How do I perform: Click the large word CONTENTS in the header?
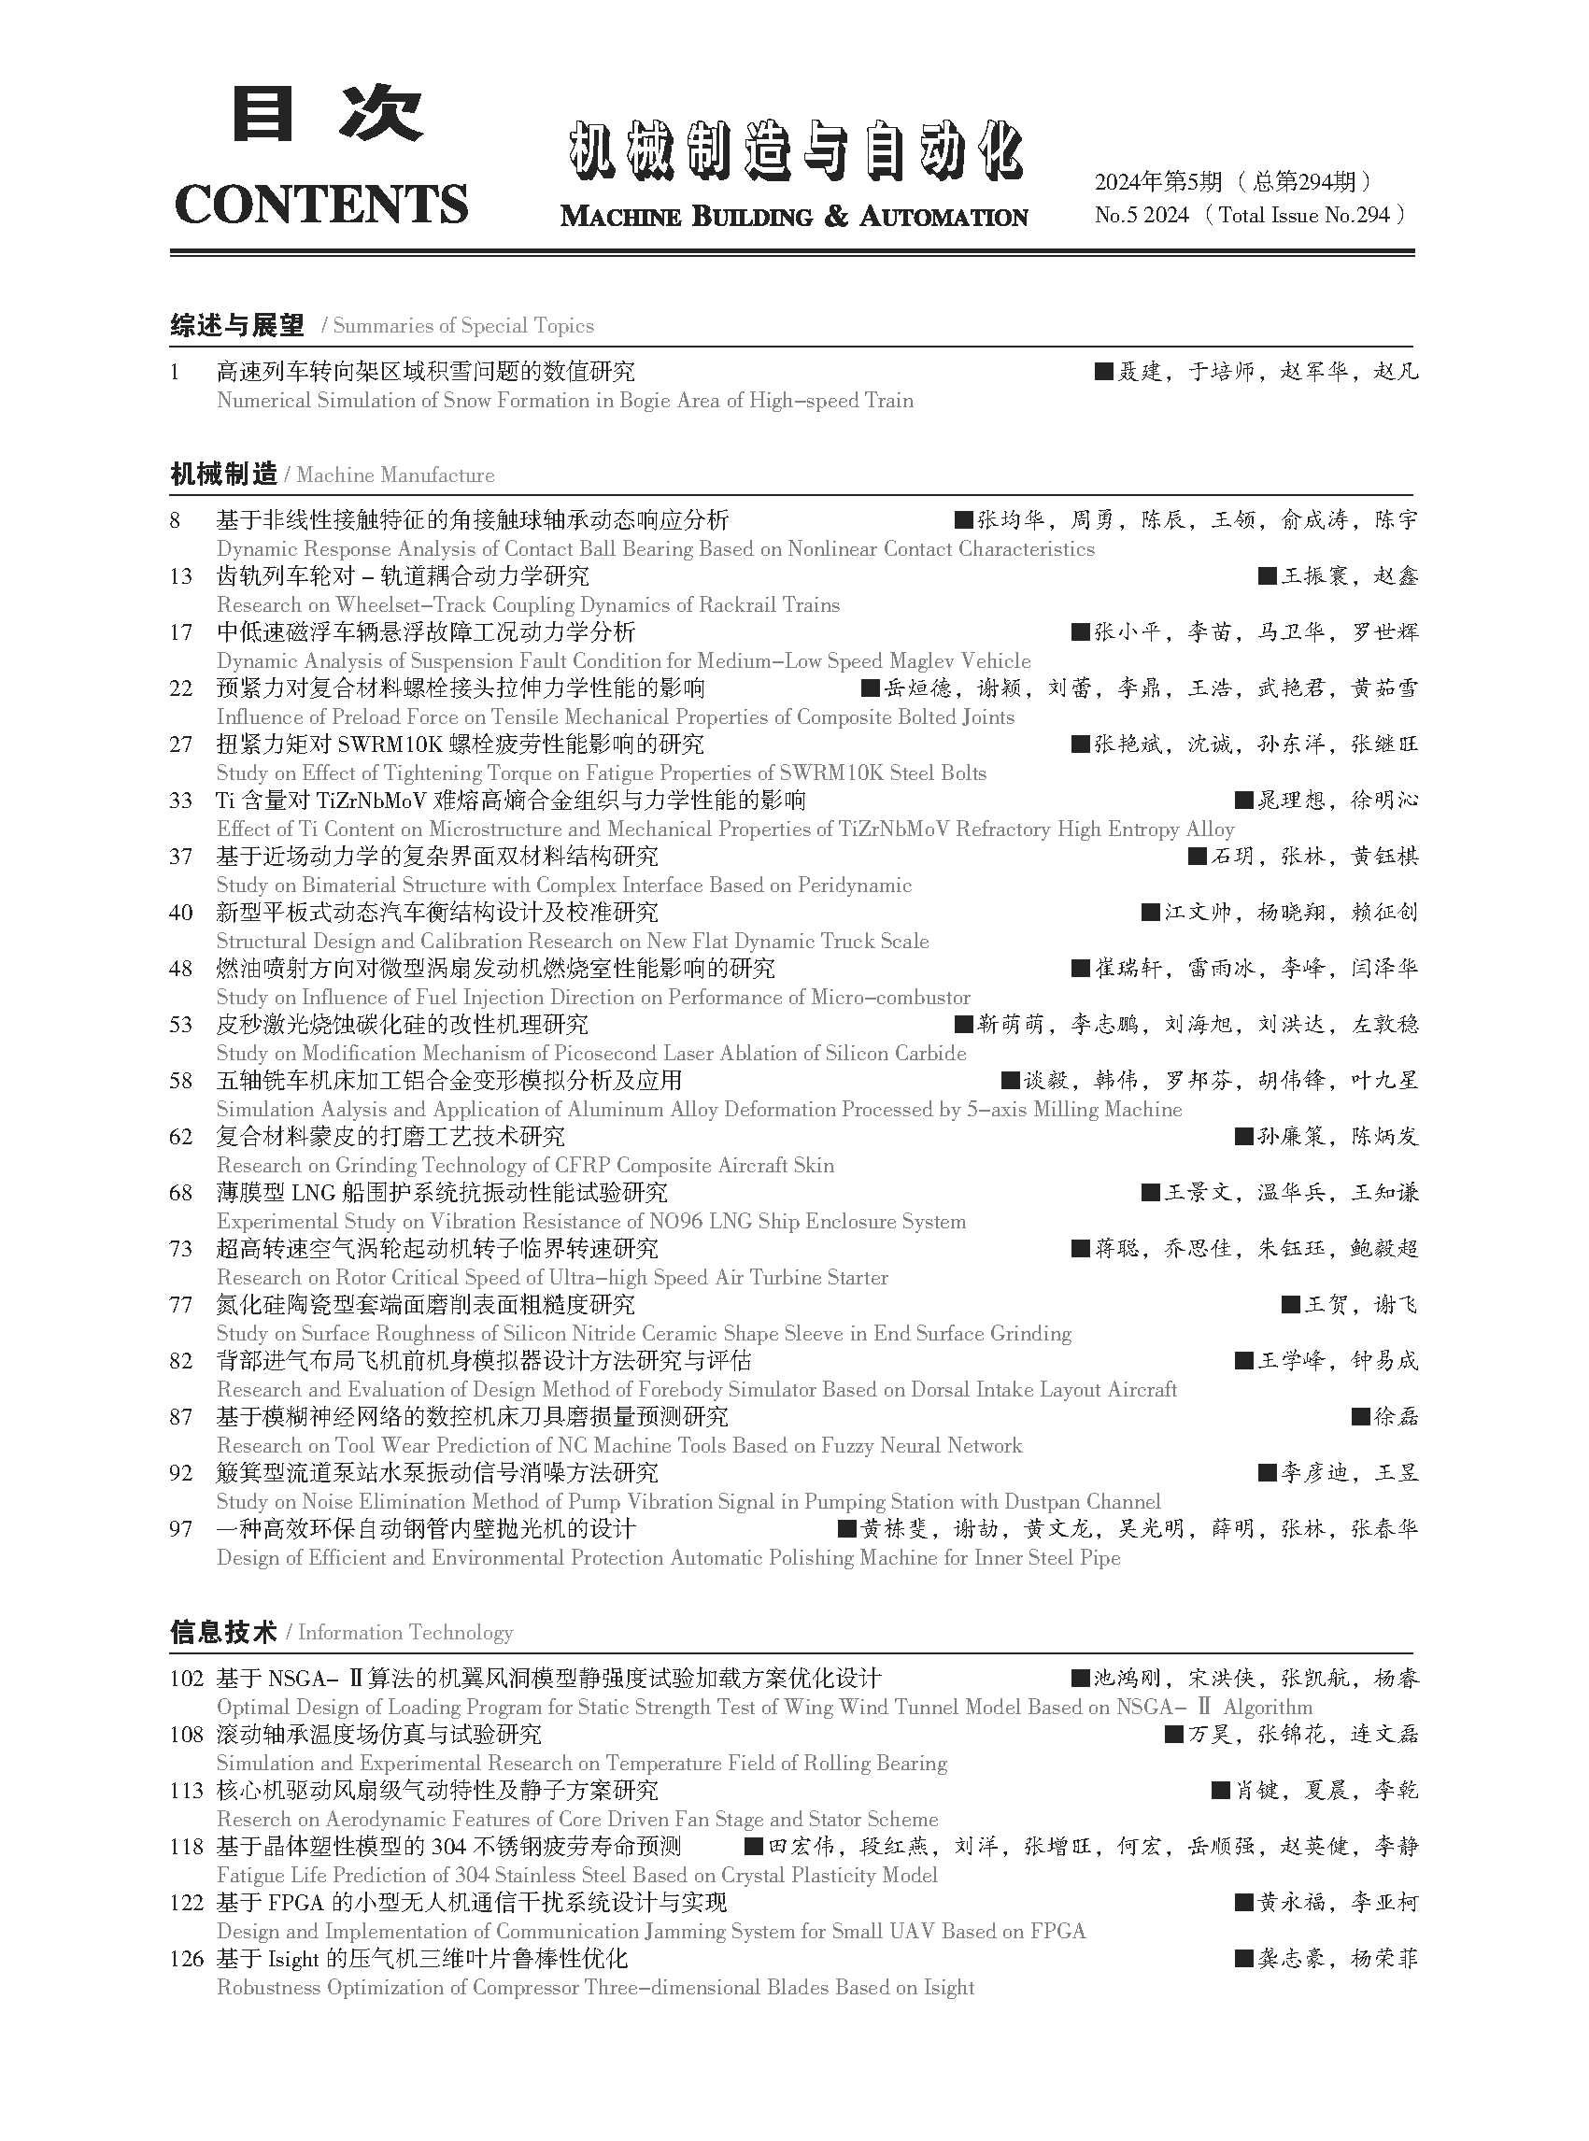(321, 203)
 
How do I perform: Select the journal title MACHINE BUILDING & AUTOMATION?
(793, 217)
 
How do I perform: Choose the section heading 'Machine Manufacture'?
(395, 475)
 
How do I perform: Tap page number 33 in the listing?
(181, 801)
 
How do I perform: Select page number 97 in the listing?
(181, 1529)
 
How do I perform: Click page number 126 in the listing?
(187, 1959)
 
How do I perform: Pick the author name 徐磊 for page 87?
(1396, 1417)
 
